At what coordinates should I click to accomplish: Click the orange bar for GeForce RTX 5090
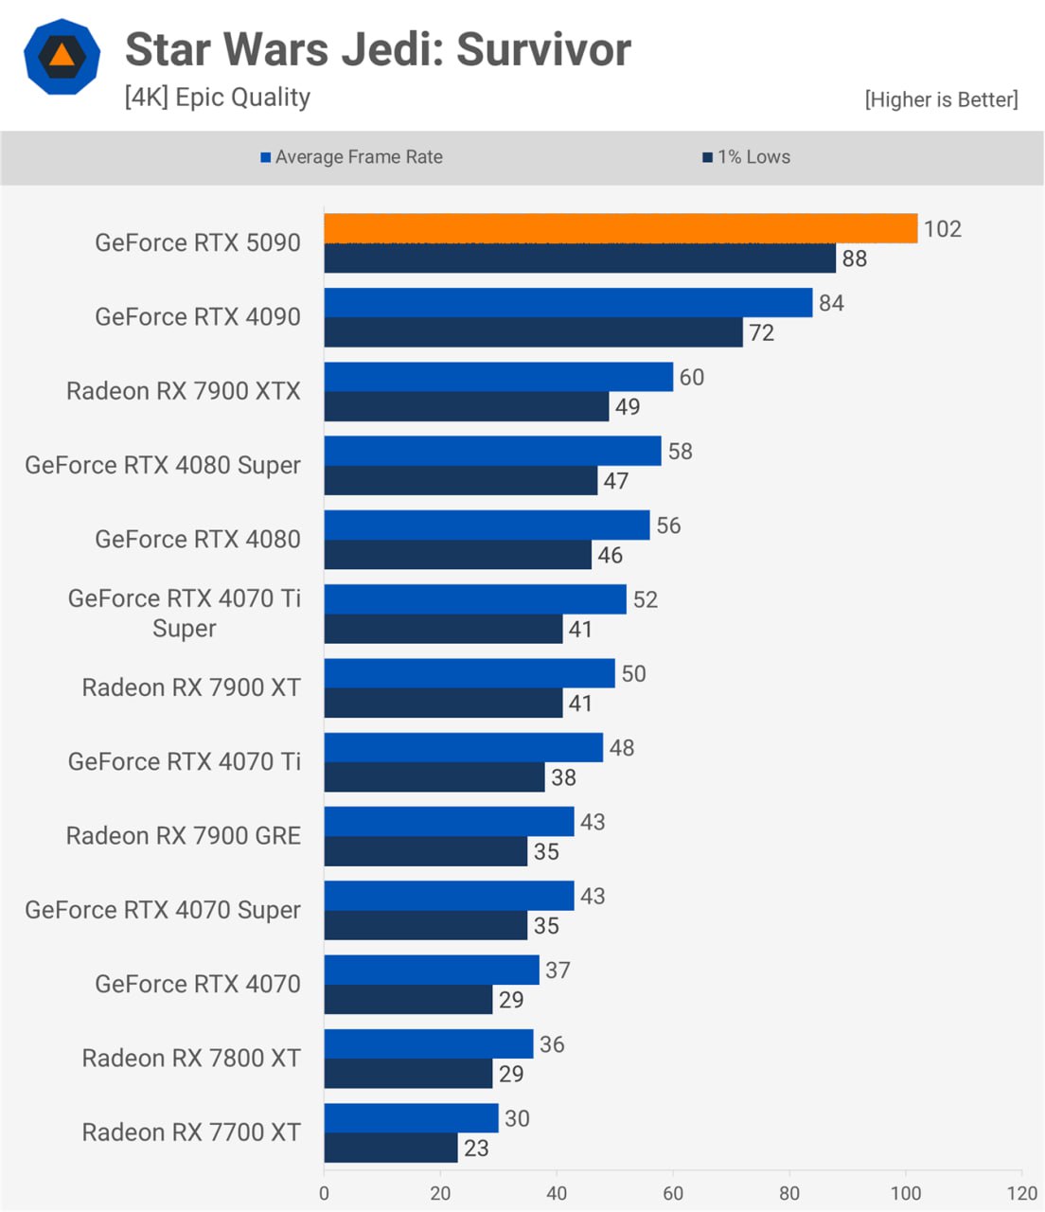coord(620,228)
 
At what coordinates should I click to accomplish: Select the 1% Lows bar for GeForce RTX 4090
coord(533,332)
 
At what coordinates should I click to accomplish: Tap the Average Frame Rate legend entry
coord(351,157)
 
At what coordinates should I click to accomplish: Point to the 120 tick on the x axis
coord(1022,1193)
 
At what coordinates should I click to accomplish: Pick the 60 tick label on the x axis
coord(673,1193)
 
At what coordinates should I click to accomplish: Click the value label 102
coord(943,229)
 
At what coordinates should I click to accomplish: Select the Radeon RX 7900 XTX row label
coord(184,391)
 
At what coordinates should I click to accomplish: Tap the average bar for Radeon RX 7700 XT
coord(411,1118)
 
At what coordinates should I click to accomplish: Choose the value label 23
coord(476,1149)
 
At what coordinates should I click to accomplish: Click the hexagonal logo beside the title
coord(62,56)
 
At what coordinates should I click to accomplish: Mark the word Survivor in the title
coord(543,49)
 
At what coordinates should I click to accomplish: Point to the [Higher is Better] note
coord(941,99)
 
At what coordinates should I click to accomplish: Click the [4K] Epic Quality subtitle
coord(218,98)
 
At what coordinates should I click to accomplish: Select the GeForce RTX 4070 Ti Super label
coord(185,613)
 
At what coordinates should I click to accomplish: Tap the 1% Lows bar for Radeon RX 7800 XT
coord(408,1074)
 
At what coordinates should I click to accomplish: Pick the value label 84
coord(831,303)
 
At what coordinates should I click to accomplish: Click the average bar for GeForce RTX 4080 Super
coord(492,451)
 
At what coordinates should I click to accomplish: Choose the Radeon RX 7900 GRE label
coord(184,836)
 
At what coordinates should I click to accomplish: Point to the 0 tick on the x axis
coord(324,1193)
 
